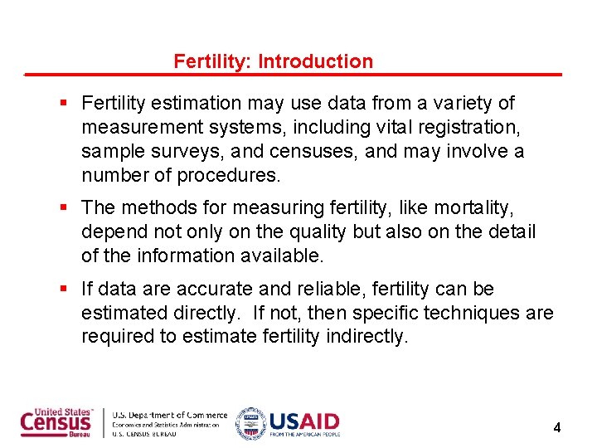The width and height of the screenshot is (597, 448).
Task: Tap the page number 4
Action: click(x=557, y=428)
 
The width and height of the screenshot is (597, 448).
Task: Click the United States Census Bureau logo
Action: click(x=56, y=422)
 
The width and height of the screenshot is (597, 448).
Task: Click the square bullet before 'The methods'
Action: click(x=64, y=207)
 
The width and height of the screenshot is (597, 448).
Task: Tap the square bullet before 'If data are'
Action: click(x=64, y=290)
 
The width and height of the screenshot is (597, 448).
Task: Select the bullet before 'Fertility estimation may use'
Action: click(x=64, y=104)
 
